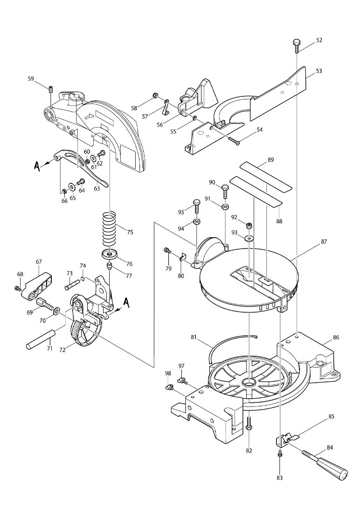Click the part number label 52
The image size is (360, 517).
pos(319,40)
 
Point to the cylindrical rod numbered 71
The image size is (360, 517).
pos(42,341)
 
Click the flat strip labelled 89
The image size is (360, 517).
pos(266,175)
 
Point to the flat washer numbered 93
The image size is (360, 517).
pos(250,239)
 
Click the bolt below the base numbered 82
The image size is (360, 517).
pos(249,423)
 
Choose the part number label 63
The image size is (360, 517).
pos(97,188)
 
